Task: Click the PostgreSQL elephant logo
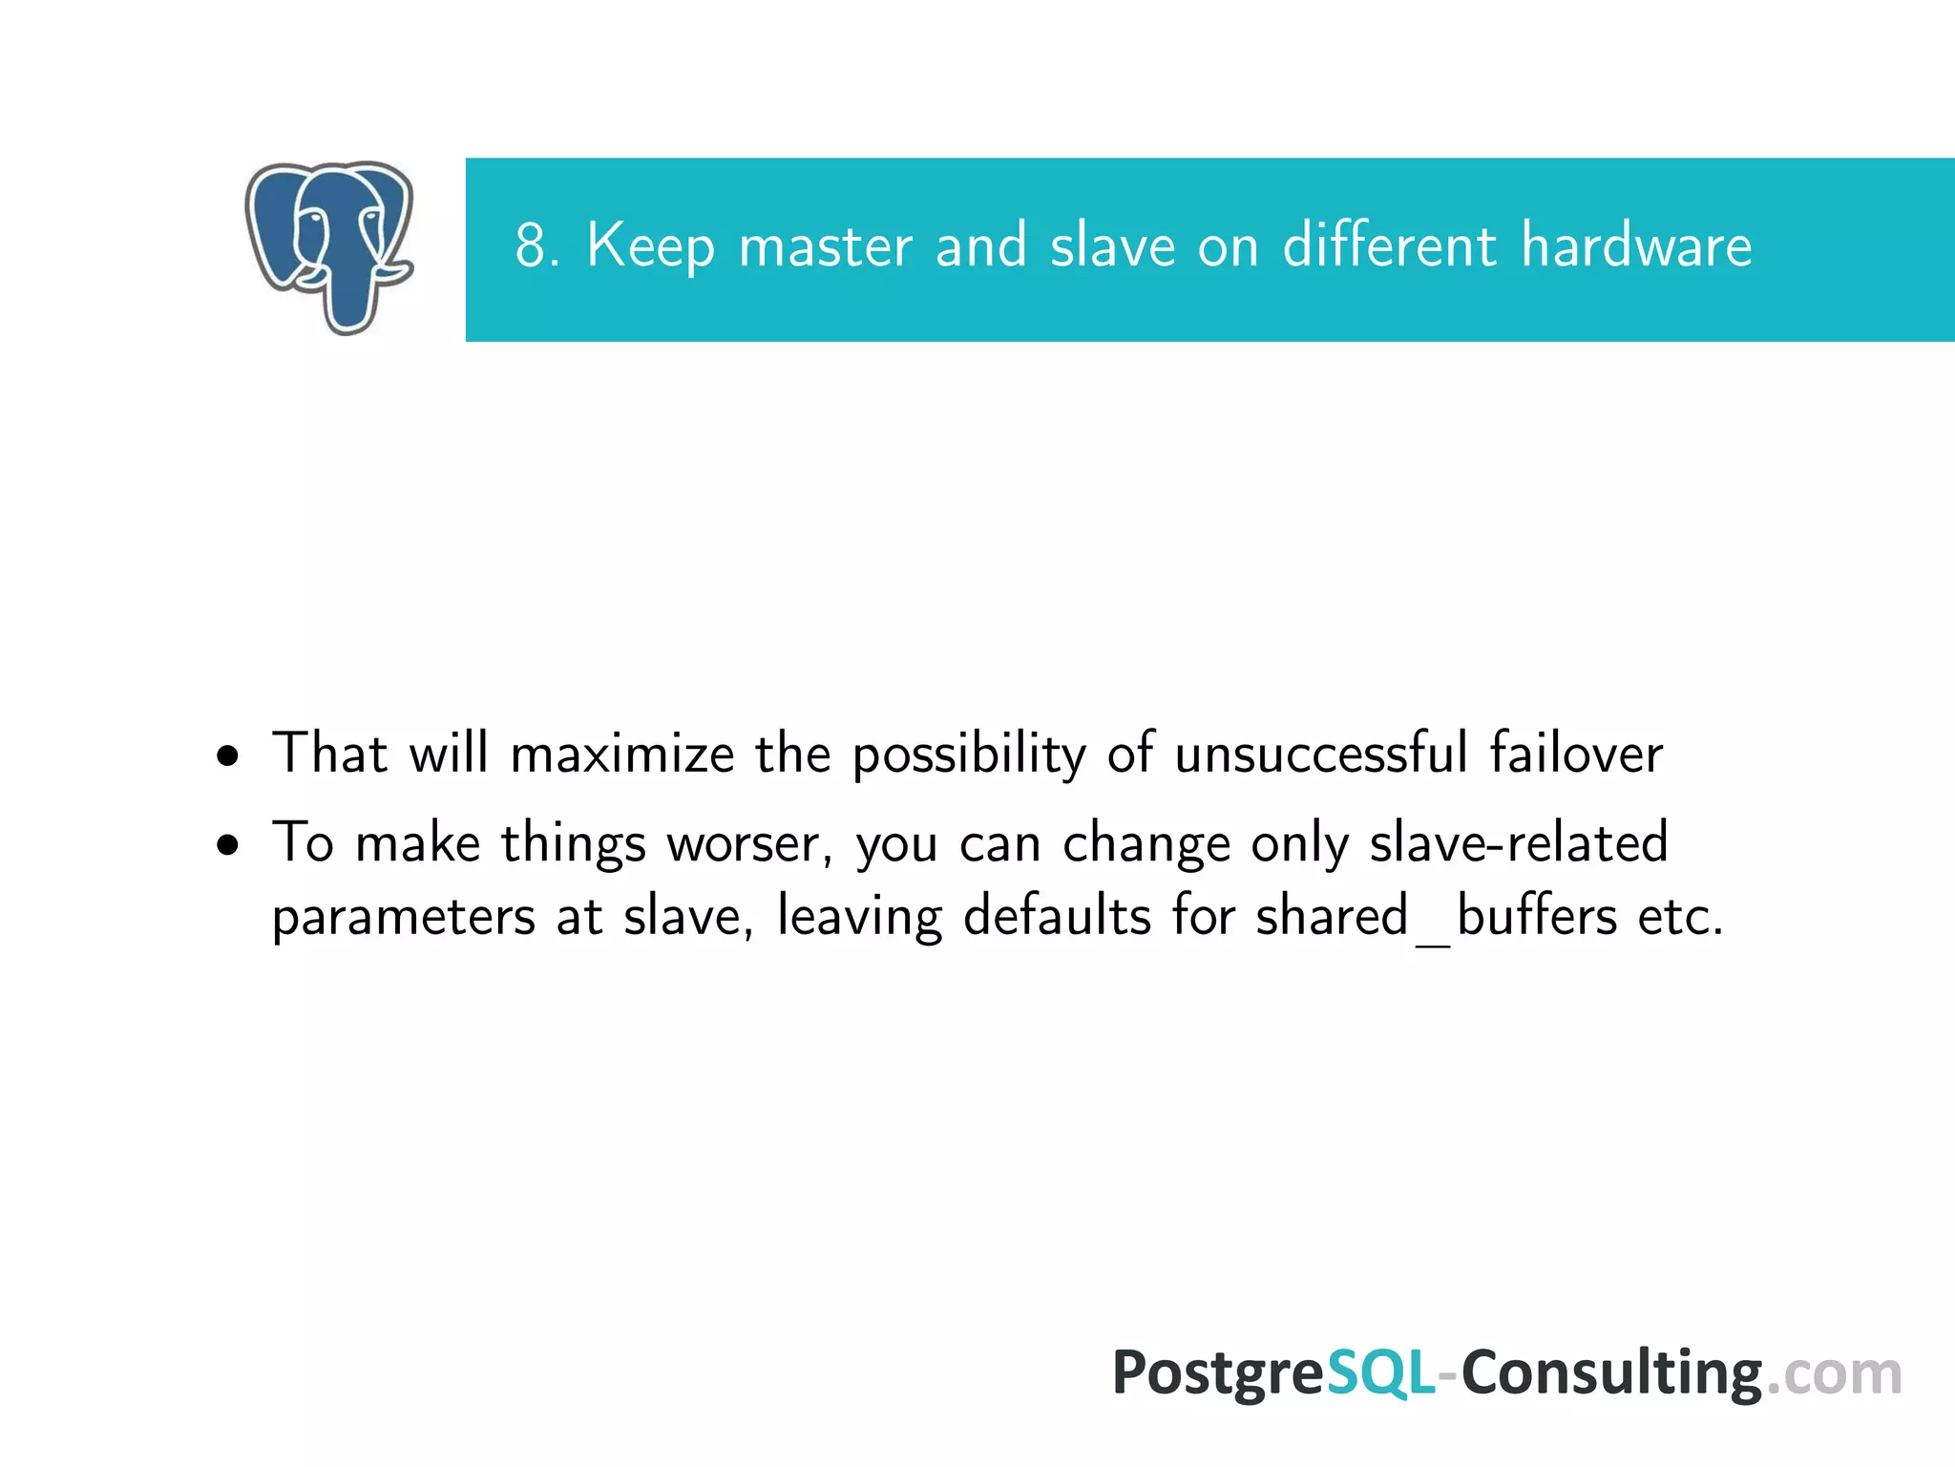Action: (x=328, y=246)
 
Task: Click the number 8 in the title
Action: (x=531, y=245)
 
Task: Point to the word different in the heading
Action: (x=1389, y=245)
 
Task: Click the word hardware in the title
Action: (x=1636, y=245)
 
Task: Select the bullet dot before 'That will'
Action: (x=227, y=756)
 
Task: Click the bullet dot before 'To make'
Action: (x=227, y=845)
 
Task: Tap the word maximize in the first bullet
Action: (x=622, y=754)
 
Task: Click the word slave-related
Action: (x=1518, y=842)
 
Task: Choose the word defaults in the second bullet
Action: (x=1058, y=916)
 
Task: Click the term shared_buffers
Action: (x=1436, y=918)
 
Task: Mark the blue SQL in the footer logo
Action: (x=1380, y=1373)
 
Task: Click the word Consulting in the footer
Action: (x=1611, y=1373)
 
